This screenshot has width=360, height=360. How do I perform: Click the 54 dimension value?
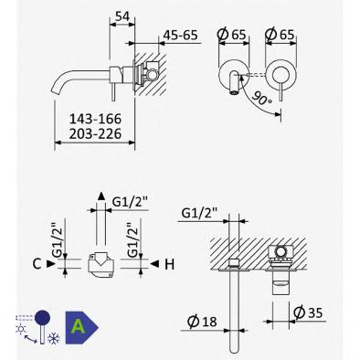pos(122,16)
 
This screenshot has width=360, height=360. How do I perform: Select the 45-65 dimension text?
pos(181,35)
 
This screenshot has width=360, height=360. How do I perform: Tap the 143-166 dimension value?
pos(95,119)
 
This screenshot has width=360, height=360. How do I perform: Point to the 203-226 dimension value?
pos(95,133)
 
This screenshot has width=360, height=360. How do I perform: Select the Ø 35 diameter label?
pos(308,312)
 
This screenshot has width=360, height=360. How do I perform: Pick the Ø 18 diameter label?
pos(202,322)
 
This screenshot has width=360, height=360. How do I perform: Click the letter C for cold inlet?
pos(37,264)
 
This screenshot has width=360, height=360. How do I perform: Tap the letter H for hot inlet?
pos(169,264)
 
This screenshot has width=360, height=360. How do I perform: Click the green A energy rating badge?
pos(80,327)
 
